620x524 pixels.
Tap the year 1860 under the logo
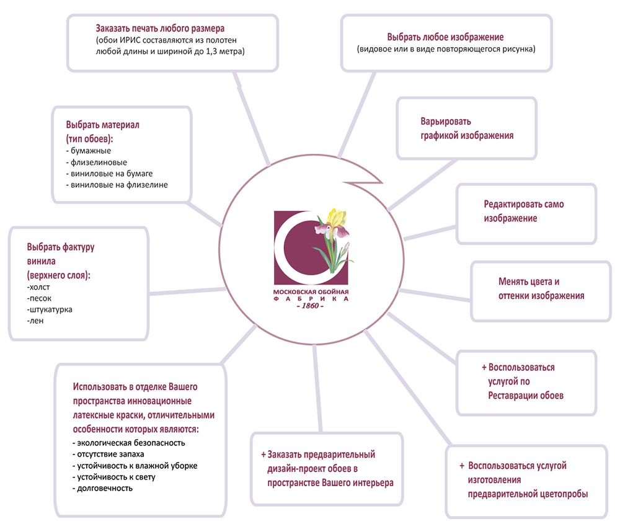(x=310, y=306)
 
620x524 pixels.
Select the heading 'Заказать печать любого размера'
(x=160, y=29)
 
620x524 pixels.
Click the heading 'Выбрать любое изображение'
(x=445, y=37)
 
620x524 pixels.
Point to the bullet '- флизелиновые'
(x=97, y=162)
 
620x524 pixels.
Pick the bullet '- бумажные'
(x=89, y=151)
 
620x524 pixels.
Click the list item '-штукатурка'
(x=50, y=309)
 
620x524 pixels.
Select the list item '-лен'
(x=35, y=321)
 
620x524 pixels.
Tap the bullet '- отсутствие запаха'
(x=108, y=455)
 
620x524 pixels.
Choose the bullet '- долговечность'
(x=103, y=489)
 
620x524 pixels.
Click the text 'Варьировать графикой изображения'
(x=467, y=128)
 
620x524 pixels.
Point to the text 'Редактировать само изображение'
(x=524, y=211)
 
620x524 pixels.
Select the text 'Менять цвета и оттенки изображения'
(x=541, y=288)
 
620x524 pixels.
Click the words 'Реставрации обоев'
(x=526, y=396)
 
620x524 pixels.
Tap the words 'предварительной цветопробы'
(x=528, y=494)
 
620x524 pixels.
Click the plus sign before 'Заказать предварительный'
(x=263, y=455)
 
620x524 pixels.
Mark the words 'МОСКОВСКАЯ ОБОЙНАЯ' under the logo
(x=311, y=292)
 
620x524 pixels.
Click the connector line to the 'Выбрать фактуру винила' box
(x=187, y=292)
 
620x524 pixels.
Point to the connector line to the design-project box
(x=317, y=388)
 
